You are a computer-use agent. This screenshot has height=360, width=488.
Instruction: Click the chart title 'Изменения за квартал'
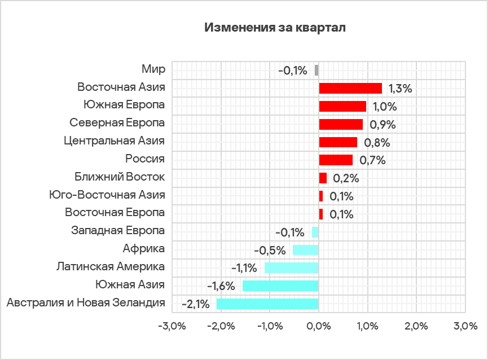pyautogui.click(x=275, y=28)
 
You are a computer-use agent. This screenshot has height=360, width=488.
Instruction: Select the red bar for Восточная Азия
pyautogui.click(x=350, y=88)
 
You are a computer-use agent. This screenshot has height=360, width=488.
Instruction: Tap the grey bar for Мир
pyautogui.click(x=316, y=70)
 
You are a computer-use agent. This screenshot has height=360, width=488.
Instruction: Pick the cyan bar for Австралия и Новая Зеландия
pyautogui.click(x=267, y=304)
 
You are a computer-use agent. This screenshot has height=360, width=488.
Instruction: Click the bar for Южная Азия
pyautogui.click(x=280, y=286)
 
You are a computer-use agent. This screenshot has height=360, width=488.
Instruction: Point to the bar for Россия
pyautogui.click(x=336, y=160)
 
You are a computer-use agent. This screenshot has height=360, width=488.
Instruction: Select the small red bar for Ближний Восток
pyautogui.click(x=323, y=178)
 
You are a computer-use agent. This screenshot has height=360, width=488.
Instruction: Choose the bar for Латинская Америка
pyautogui.click(x=292, y=267)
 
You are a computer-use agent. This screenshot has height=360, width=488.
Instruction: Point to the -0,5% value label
pyautogui.click(x=268, y=250)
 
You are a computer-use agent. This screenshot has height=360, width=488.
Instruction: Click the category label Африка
pyautogui.click(x=144, y=249)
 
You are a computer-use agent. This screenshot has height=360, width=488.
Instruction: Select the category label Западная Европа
pyautogui.click(x=118, y=231)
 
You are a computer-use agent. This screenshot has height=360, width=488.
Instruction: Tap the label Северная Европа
pyautogui.click(x=117, y=123)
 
